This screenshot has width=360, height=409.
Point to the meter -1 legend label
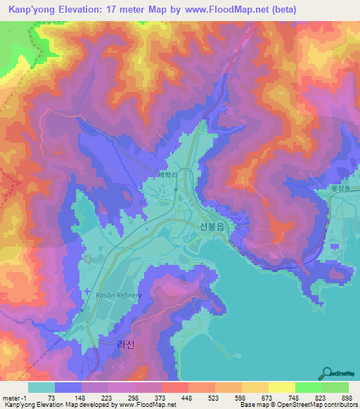(x=15, y=397)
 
